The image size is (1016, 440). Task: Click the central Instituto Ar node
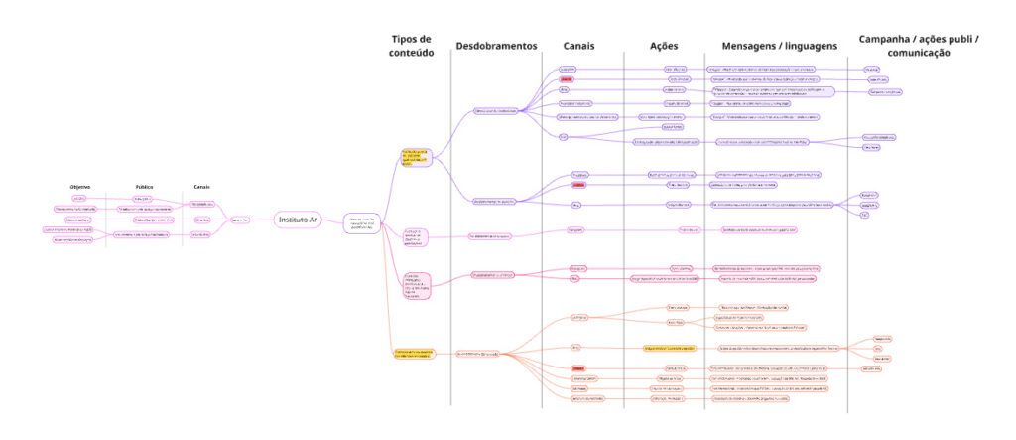[x=299, y=220]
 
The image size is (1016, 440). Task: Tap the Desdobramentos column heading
[x=496, y=46]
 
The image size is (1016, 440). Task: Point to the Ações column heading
[x=664, y=46]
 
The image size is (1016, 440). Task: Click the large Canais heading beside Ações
[x=579, y=46]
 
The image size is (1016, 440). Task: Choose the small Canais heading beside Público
[x=201, y=187]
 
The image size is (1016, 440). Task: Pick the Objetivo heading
[x=80, y=187]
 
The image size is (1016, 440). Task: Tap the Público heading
[x=144, y=187]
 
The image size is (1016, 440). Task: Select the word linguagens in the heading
[x=805, y=46]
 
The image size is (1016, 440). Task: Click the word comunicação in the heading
[x=918, y=53]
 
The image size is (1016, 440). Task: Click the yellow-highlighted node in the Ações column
[x=669, y=348]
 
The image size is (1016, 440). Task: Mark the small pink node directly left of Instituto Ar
[x=238, y=220]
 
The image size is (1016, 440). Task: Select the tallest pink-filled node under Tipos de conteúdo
[x=415, y=286]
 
